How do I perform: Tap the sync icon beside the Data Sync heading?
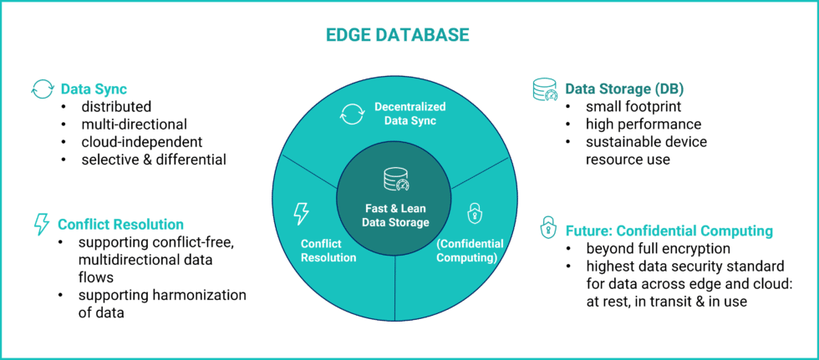[x=42, y=89]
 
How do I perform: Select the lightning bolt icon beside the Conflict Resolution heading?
[x=40, y=224]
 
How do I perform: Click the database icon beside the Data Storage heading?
[x=545, y=89]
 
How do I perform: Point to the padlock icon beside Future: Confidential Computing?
[x=548, y=228]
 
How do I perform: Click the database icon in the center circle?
[x=395, y=180]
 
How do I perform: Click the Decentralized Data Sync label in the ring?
[x=409, y=114]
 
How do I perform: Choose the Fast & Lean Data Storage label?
[x=395, y=215]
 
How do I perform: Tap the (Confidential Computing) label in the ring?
[x=470, y=251]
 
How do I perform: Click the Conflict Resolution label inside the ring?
[x=328, y=251]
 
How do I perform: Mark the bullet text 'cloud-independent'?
[x=141, y=141]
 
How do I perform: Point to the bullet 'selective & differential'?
[x=154, y=159]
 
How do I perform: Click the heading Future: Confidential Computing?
[x=669, y=231]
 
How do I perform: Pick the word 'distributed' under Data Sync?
[x=116, y=107]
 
